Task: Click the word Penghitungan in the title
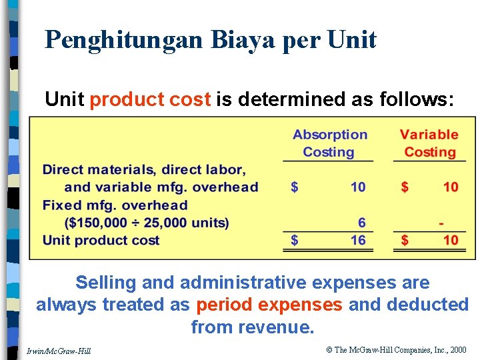pos(125,40)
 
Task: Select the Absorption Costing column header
pos(329,143)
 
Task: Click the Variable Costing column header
pos(429,143)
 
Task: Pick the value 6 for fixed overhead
pos(361,223)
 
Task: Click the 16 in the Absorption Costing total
pos(358,240)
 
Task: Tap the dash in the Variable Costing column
pos(441,223)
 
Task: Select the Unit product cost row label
pos(101,240)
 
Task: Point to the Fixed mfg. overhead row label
pos(115,205)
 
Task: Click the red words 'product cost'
pos(150,99)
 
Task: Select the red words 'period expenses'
pos(269,305)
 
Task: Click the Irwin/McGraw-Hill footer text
pos(59,351)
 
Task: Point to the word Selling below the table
pos(107,283)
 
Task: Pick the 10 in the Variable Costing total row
pos(451,240)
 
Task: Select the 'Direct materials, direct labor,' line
pos(144,169)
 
